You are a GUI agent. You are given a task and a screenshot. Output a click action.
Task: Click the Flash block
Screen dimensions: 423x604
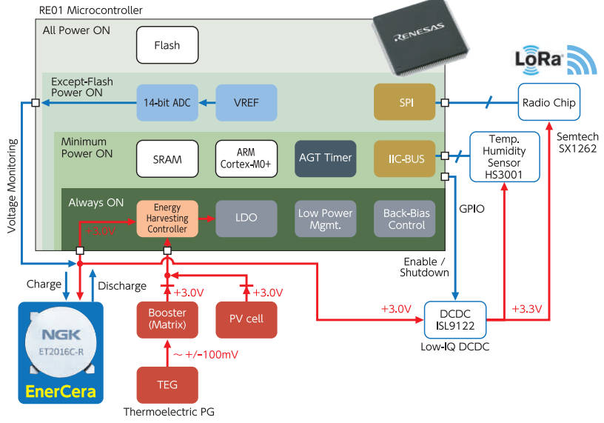pyautogui.click(x=167, y=45)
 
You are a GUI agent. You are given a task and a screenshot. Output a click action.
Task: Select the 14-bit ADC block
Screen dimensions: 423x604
pyautogui.click(x=167, y=103)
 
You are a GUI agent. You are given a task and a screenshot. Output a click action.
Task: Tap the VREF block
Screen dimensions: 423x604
pyautogui.click(x=246, y=103)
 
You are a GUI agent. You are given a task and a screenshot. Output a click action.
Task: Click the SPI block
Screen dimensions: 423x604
pyautogui.click(x=404, y=103)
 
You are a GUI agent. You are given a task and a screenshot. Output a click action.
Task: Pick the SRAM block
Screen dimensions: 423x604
pyautogui.click(x=167, y=159)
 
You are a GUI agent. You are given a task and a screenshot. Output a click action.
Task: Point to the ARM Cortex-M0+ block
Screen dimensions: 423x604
pyautogui.click(x=246, y=159)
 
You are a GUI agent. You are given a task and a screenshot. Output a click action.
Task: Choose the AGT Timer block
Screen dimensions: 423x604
pyautogui.click(x=325, y=159)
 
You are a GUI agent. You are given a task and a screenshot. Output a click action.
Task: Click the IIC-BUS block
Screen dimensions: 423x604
pyautogui.click(x=404, y=159)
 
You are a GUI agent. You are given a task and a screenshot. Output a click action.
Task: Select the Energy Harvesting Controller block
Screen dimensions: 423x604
pyautogui.click(x=167, y=219)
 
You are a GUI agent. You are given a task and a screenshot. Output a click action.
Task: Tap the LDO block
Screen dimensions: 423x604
pyautogui.click(x=246, y=219)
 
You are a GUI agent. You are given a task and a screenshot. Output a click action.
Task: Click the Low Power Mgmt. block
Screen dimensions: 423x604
pyautogui.click(x=325, y=219)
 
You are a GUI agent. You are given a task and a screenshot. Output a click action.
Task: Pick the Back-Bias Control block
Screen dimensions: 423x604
pyautogui.click(x=404, y=219)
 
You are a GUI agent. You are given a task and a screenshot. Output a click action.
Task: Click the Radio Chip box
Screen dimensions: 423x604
pyautogui.click(x=548, y=103)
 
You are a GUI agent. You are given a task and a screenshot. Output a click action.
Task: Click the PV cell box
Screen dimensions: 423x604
pyautogui.click(x=246, y=319)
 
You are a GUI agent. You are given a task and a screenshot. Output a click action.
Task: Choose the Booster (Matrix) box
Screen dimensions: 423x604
pyautogui.click(x=167, y=319)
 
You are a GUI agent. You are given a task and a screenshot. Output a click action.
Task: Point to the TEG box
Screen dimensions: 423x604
pyautogui.click(x=167, y=384)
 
